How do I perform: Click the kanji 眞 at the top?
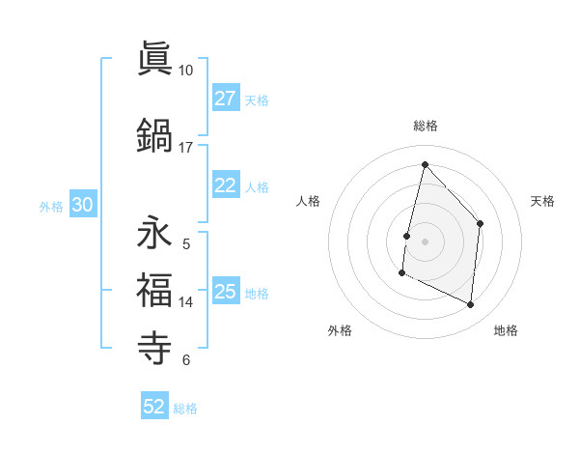(x=153, y=60)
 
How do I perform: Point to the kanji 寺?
(x=153, y=346)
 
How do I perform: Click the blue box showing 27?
(x=226, y=99)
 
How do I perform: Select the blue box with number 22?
(x=226, y=186)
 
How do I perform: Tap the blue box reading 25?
(x=226, y=293)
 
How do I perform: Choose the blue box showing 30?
(x=82, y=205)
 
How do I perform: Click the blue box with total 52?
(x=154, y=407)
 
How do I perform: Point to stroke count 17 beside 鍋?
(x=186, y=148)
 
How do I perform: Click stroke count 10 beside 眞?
(x=186, y=71)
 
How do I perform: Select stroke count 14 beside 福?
(x=186, y=302)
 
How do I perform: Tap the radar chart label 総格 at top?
(x=425, y=126)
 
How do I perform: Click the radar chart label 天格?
(x=542, y=201)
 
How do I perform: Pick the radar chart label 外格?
(x=340, y=331)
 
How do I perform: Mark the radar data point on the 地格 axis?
(x=471, y=305)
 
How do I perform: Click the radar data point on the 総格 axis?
(x=425, y=164)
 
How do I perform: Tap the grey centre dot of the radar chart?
(x=425, y=241)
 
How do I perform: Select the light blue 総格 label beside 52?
(x=185, y=409)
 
